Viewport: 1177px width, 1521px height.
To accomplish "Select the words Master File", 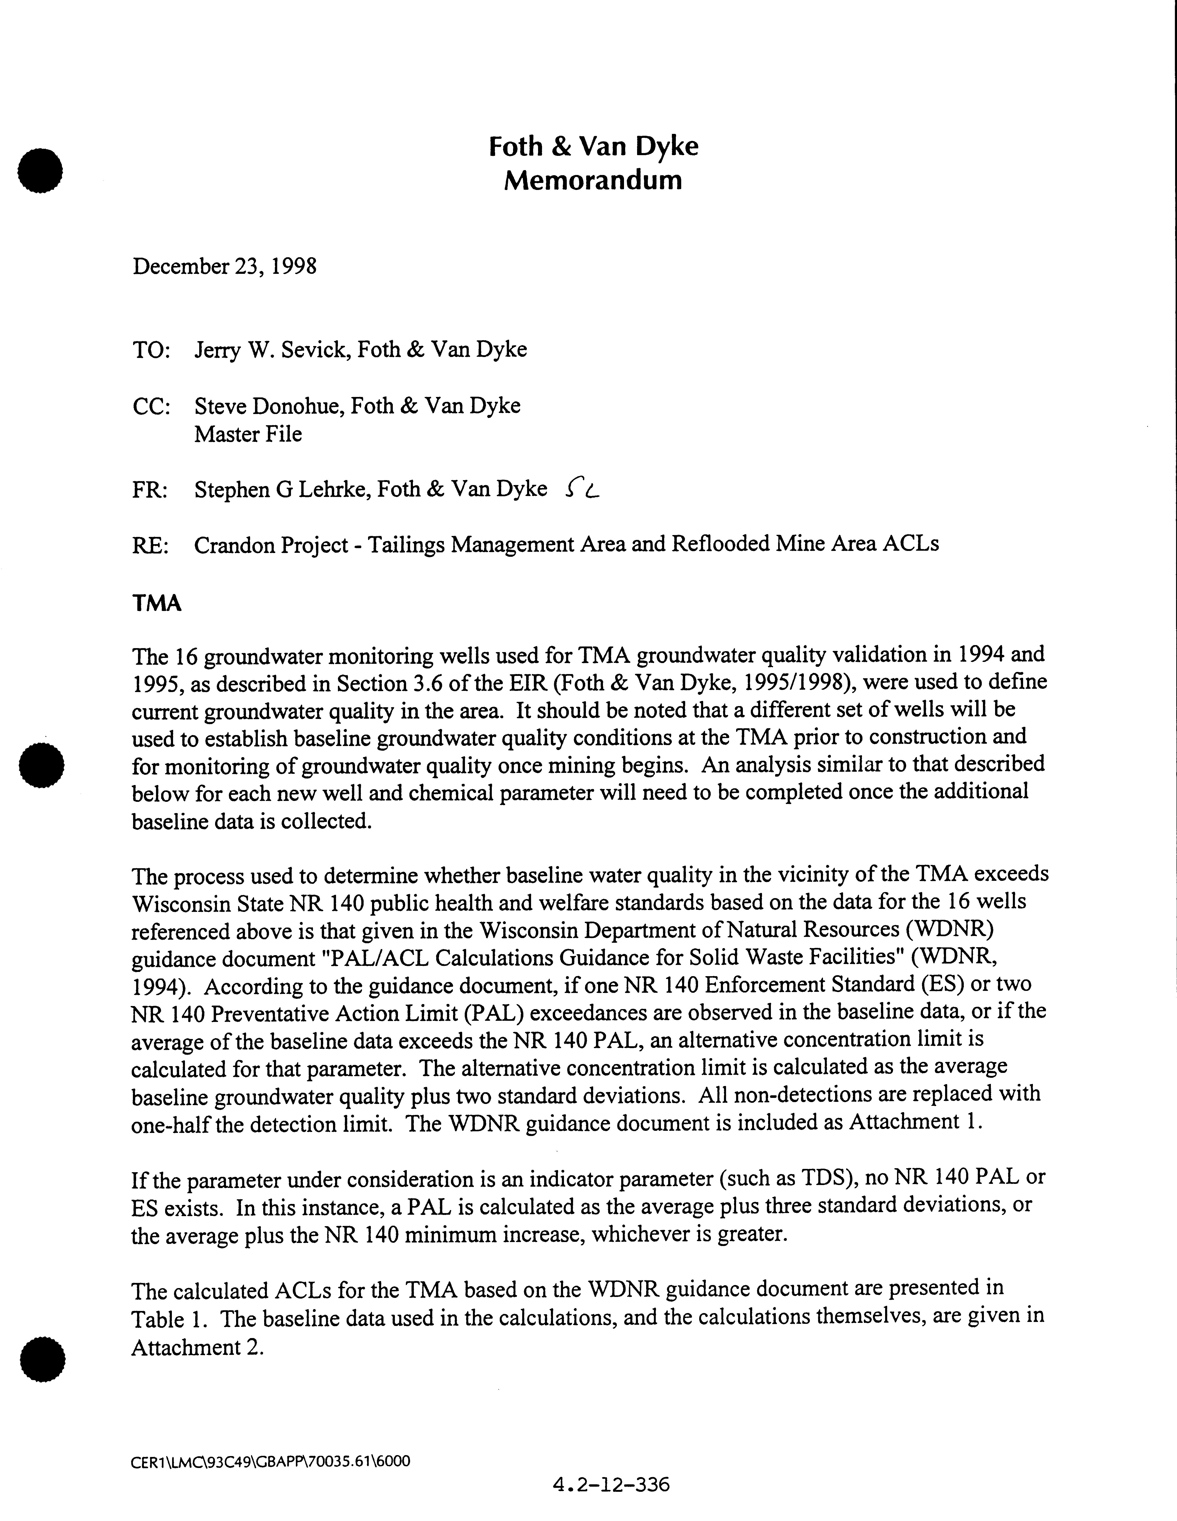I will point(248,435).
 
